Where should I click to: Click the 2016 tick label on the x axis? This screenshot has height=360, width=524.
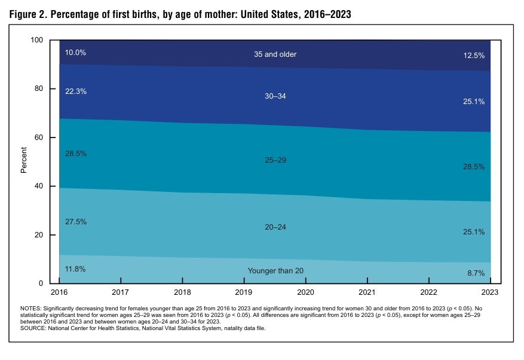click(x=59, y=292)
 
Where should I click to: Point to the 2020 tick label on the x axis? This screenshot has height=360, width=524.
click(x=305, y=292)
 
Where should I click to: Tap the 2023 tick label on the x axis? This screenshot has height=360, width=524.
click(x=490, y=292)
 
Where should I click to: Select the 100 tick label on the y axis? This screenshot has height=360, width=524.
click(x=38, y=40)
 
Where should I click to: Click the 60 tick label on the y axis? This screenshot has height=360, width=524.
click(x=39, y=138)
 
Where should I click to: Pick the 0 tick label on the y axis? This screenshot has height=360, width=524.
click(x=42, y=283)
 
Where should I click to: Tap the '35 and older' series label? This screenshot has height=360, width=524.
click(x=275, y=54)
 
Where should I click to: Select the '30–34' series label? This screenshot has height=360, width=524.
click(x=275, y=96)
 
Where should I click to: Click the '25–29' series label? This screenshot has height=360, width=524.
click(x=275, y=160)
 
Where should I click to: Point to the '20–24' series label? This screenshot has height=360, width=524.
click(x=275, y=227)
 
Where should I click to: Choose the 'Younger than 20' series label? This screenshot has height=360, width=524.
click(x=275, y=271)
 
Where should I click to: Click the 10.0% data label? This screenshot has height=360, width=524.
click(x=75, y=53)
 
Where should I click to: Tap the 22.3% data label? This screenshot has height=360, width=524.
click(x=75, y=91)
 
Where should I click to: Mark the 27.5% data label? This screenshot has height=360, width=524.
click(x=75, y=222)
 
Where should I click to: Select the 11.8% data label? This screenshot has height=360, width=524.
click(x=75, y=269)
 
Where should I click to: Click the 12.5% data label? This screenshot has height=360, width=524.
click(x=474, y=55)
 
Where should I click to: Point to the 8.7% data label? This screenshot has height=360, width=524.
click(x=476, y=273)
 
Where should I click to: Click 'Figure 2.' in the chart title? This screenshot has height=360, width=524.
click(x=29, y=14)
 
